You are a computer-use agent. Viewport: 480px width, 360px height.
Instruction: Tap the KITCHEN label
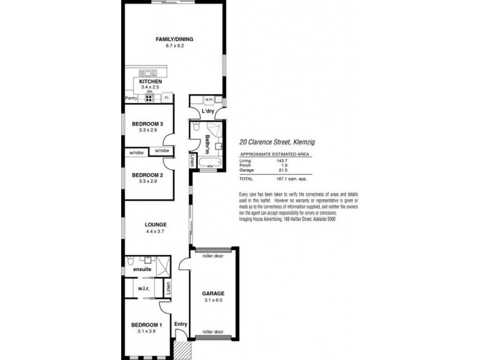click(x=150, y=81)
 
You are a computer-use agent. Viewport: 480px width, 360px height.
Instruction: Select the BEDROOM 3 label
click(x=148, y=124)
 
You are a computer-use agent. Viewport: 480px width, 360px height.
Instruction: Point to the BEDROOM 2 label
click(x=148, y=175)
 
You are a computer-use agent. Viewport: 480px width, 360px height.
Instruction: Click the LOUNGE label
click(x=155, y=224)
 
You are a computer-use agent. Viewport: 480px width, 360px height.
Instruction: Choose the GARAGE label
click(x=213, y=294)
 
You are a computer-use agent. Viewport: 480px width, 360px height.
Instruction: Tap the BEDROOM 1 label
click(x=147, y=325)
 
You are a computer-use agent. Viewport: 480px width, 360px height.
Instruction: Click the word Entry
click(x=181, y=325)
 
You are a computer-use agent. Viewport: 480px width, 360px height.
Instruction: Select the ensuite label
click(x=142, y=269)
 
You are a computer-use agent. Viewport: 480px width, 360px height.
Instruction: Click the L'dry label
click(x=208, y=112)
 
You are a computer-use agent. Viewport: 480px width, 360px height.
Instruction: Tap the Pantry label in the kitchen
click(x=131, y=98)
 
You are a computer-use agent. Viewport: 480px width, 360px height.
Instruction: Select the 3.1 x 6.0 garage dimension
click(x=213, y=300)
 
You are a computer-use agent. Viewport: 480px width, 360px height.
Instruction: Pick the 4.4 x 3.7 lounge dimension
click(x=155, y=231)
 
